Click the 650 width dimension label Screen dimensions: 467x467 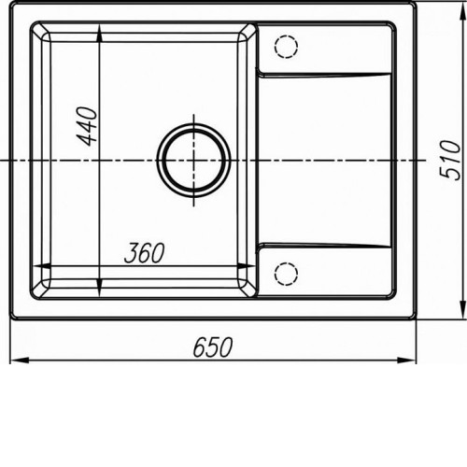pyautogui.click(x=213, y=347)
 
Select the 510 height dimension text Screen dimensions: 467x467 pyautogui.click(x=449, y=160)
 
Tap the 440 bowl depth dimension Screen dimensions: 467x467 pyautogui.click(x=87, y=126)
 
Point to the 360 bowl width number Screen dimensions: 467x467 pyautogui.click(x=144, y=253)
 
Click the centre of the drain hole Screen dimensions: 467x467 pyautogui.click(x=194, y=160)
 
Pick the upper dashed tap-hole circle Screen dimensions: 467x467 pyautogui.click(x=286, y=47)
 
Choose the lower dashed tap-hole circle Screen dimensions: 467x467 pyautogui.click(x=286, y=274)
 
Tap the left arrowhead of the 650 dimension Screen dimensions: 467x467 pyautogui.click(x=20, y=361)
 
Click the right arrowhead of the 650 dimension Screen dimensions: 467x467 pyautogui.click(x=406, y=361)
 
